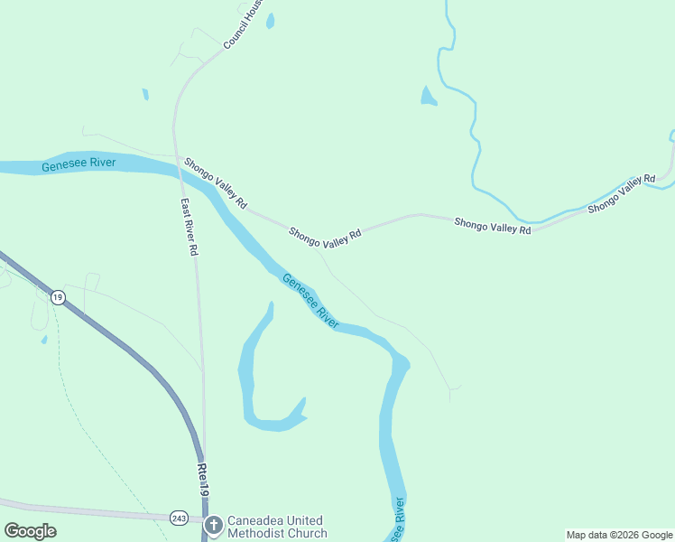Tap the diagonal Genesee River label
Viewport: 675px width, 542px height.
click(x=310, y=300)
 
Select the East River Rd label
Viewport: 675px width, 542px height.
click(x=189, y=228)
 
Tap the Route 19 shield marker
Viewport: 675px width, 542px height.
click(x=58, y=297)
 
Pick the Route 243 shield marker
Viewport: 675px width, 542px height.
click(x=179, y=518)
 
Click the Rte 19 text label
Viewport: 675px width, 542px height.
click(x=205, y=478)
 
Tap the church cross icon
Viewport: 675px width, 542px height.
click(x=214, y=526)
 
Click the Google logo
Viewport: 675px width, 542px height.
click(x=30, y=531)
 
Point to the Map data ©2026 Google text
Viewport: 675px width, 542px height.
click(x=619, y=535)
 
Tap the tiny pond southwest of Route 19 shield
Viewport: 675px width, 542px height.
click(x=43, y=340)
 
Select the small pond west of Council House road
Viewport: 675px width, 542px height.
click(x=144, y=94)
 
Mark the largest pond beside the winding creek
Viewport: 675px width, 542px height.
click(x=428, y=97)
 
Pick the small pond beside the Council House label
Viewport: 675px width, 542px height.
click(x=270, y=20)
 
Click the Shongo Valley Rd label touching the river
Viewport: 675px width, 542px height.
click(x=216, y=183)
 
